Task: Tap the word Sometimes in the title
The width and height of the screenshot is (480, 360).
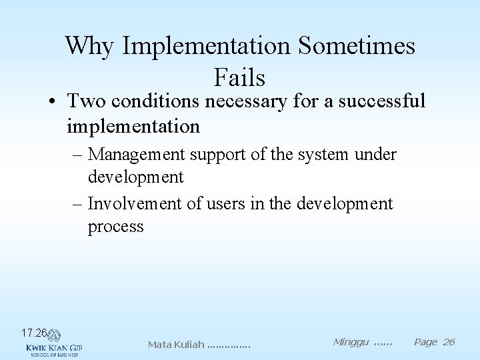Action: tap(357, 46)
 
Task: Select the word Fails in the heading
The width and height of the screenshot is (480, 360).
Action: tap(240, 77)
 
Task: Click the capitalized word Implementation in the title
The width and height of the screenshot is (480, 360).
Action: tap(206, 46)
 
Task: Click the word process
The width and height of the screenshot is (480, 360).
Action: tap(115, 226)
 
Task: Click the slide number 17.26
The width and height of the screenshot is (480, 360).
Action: tap(33, 333)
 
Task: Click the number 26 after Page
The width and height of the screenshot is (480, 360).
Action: tap(448, 342)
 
